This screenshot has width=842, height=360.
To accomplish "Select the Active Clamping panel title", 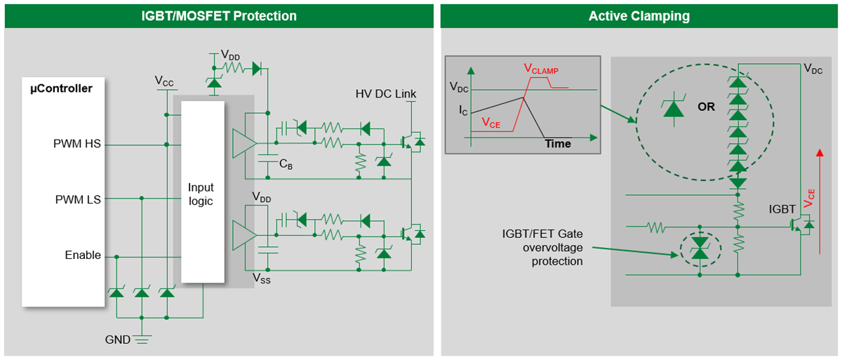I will [639, 15].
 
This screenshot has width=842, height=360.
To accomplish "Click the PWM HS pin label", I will [77, 144].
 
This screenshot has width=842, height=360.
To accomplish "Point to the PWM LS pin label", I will [78, 199].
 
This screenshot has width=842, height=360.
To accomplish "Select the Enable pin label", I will [83, 255].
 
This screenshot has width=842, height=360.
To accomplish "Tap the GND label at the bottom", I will [117, 340].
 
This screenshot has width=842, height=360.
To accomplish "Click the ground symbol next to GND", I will [142, 340].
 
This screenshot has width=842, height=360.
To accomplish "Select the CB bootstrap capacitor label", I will [286, 164].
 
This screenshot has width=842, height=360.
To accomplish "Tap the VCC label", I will [164, 81].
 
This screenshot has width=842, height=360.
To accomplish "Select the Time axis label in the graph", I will [558, 143].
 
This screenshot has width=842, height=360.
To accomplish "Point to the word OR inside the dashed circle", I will [706, 107].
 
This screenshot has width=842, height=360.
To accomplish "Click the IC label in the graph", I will [462, 111].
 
